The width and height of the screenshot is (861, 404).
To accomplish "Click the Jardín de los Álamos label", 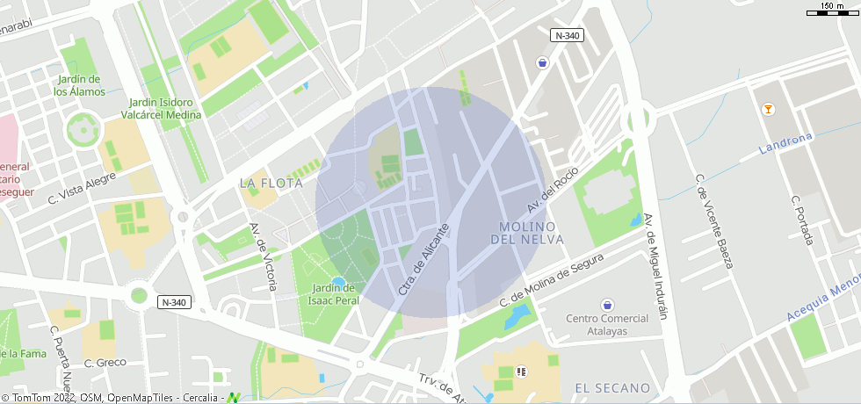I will point(79,85).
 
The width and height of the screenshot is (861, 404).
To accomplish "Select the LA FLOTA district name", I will point(271,184).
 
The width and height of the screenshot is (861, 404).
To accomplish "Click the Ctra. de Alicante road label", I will point(424,259).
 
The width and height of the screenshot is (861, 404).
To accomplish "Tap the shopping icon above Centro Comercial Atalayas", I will point(606,305).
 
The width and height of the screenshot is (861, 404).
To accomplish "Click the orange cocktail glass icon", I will point(769,110).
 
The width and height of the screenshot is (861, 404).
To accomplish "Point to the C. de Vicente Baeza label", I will point(713,221).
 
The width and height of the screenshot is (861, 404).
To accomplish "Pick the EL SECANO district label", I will point(612,387).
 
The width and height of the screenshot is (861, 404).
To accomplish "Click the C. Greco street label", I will point(105,362).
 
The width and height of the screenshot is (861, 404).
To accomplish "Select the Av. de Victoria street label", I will point(264,256).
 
